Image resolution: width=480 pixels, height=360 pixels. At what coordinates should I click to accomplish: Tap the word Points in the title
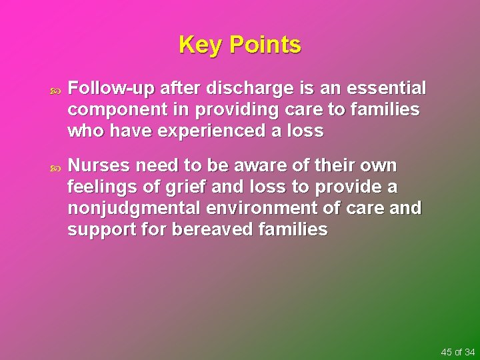click(265, 45)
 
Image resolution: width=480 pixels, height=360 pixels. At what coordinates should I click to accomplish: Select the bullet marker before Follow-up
click(55, 89)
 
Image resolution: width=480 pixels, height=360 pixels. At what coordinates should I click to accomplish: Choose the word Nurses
click(99, 165)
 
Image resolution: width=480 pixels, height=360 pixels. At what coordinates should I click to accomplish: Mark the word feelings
click(99, 187)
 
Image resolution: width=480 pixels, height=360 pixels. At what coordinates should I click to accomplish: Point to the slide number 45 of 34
click(457, 351)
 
